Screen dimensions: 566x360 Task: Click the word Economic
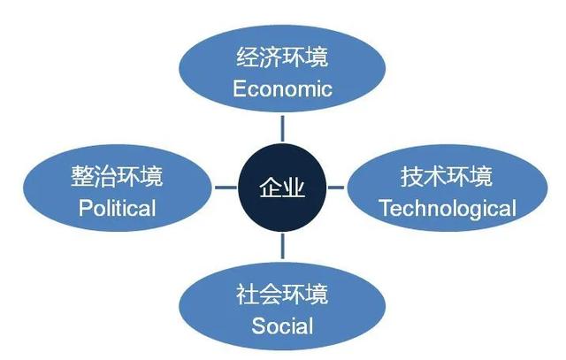pos(282,88)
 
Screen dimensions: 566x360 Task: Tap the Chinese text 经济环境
pos(282,57)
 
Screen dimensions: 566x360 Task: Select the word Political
pos(118,209)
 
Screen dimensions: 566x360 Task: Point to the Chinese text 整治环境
pos(117,176)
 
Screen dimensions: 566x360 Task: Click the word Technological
pos(447,209)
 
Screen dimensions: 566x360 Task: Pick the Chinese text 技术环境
pos(447,176)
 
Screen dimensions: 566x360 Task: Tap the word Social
pos(282,326)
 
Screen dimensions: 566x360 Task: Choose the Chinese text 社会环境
pos(282,294)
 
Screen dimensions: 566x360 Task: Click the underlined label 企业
pos(282,188)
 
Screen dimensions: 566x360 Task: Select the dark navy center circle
pos(282,188)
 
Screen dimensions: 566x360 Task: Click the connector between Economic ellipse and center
pos(282,128)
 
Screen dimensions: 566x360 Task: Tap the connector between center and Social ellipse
pos(282,246)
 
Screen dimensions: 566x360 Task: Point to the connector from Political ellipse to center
pos(226,188)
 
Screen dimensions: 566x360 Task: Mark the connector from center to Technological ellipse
pos(336,188)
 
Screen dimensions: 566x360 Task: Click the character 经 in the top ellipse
pos(248,57)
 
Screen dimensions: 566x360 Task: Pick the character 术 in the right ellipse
pos(435,176)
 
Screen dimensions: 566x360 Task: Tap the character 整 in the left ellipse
pos(82,176)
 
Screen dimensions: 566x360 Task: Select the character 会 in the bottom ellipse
pos(271,294)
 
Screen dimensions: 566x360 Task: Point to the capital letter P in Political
pos(85,209)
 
